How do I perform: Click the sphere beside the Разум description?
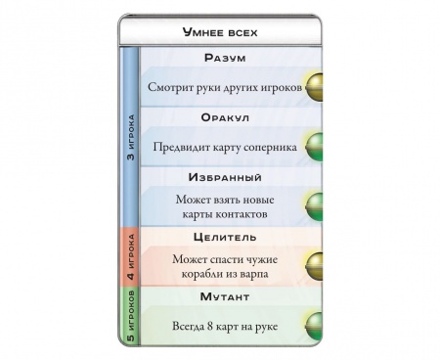[317, 86]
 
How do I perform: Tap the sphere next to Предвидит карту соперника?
[317, 147]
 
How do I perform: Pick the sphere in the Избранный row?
[317, 207]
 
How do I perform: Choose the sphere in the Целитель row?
[317, 264]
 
